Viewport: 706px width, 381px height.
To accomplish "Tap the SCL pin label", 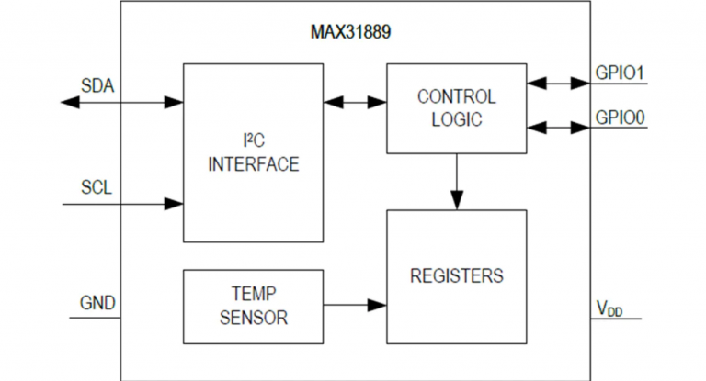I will (96, 190).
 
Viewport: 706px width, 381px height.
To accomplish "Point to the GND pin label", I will (97, 302).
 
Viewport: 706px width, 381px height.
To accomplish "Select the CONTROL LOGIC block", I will (456, 107).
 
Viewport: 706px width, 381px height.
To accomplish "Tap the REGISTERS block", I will (456, 275).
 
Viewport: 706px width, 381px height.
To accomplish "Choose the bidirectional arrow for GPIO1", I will (558, 84).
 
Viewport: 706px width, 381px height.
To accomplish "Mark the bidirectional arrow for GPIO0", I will (558, 127).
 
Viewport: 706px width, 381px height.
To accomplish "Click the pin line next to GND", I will (96, 317).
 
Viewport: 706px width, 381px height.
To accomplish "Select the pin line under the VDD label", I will (614, 319).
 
